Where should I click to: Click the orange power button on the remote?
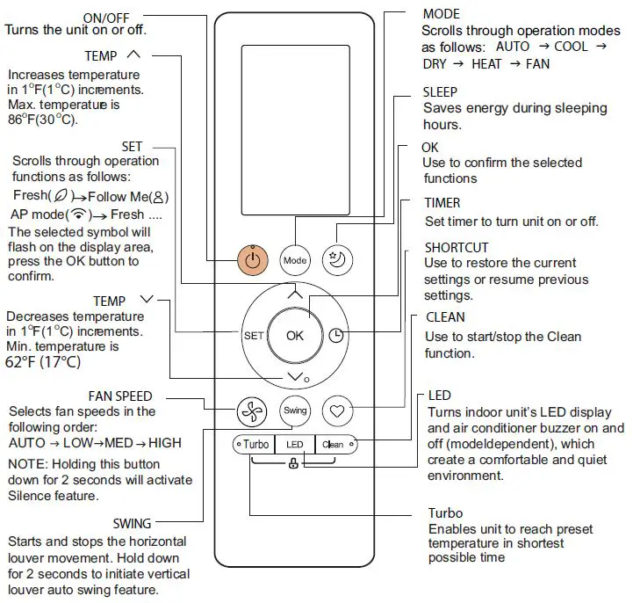pyautogui.click(x=252, y=260)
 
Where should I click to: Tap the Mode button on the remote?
pyautogui.click(x=295, y=260)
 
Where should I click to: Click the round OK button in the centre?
pyautogui.click(x=295, y=335)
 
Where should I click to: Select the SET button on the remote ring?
pyautogui.click(x=253, y=336)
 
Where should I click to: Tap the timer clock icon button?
pyautogui.click(x=337, y=335)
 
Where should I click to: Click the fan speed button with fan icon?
pyautogui.click(x=252, y=410)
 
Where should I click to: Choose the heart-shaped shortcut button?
pyautogui.click(x=337, y=410)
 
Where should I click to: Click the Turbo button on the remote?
pyautogui.click(x=255, y=444)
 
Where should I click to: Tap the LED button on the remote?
pyautogui.click(x=295, y=444)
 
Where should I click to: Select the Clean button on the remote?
pyautogui.click(x=334, y=444)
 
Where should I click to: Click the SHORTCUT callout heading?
pyautogui.click(x=457, y=248)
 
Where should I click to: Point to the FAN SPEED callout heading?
pyautogui.click(x=120, y=396)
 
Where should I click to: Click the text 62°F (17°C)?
pyautogui.click(x=44, y=361)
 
